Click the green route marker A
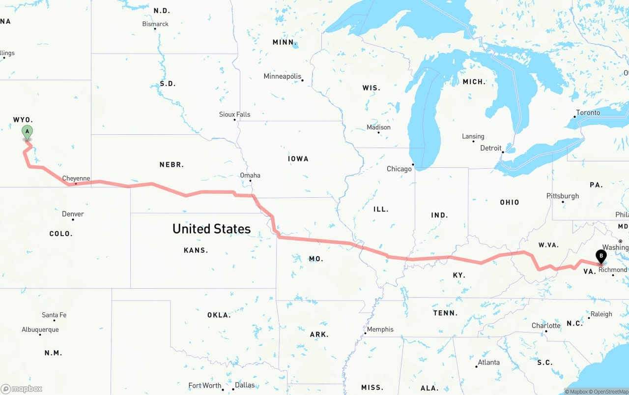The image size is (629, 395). (27, 132)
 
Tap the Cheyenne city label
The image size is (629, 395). (76, 179)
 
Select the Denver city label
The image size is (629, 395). (73, 214)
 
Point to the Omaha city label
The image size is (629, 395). (250, 175)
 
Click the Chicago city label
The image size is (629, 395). (399, 169)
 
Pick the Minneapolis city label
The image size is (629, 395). (282, 76)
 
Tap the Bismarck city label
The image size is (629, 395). (155, 24)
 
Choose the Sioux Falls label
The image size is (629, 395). (234, 114)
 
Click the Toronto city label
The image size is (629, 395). (588, 113)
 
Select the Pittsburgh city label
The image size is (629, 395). (563, 196)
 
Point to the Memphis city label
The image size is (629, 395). (380, 329)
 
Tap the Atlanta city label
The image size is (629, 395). (488, 362)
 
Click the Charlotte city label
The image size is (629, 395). (546, 326)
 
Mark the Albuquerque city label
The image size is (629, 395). (40, 330)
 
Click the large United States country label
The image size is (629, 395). (211, 229)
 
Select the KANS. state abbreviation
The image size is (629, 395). (196, 250)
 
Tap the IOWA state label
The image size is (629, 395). (298, 158)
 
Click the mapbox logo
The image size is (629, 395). (22, 389)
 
